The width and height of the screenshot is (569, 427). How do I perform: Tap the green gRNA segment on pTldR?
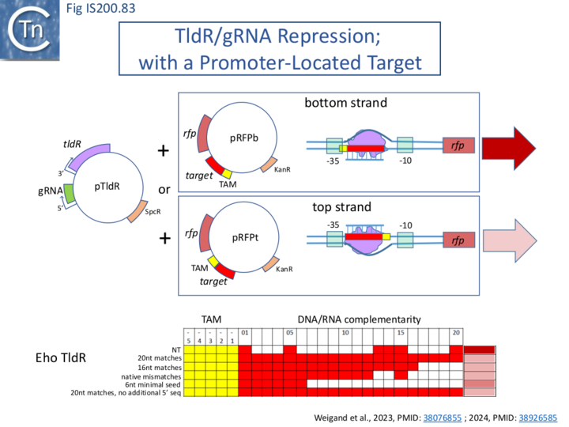click(x=70, y=192)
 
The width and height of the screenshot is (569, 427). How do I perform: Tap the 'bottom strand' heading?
click(x=346, y=104)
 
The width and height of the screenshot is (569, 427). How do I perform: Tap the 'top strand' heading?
click(x=346, y=207)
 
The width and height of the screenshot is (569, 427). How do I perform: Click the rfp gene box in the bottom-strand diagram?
click(x=458, y=145)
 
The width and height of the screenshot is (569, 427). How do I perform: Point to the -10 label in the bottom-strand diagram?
click(x=404, y=161)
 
